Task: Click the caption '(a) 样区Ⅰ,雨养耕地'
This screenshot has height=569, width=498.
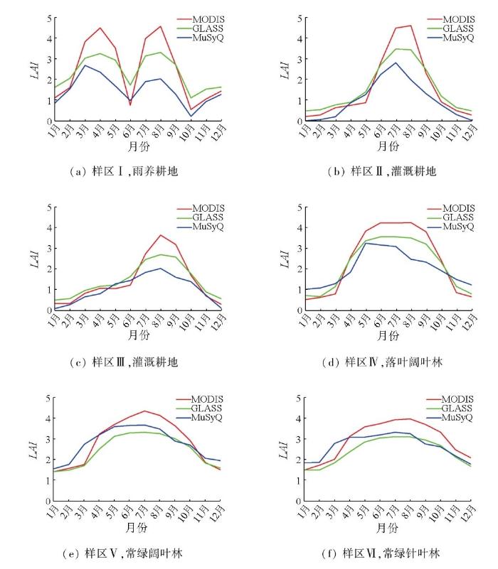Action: coord(113,171)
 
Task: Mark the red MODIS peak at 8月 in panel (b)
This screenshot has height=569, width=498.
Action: coord(410,26)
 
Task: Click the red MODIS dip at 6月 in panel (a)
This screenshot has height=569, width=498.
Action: coord(130,105)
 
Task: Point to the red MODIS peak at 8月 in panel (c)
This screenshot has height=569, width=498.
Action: coord(161,235)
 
